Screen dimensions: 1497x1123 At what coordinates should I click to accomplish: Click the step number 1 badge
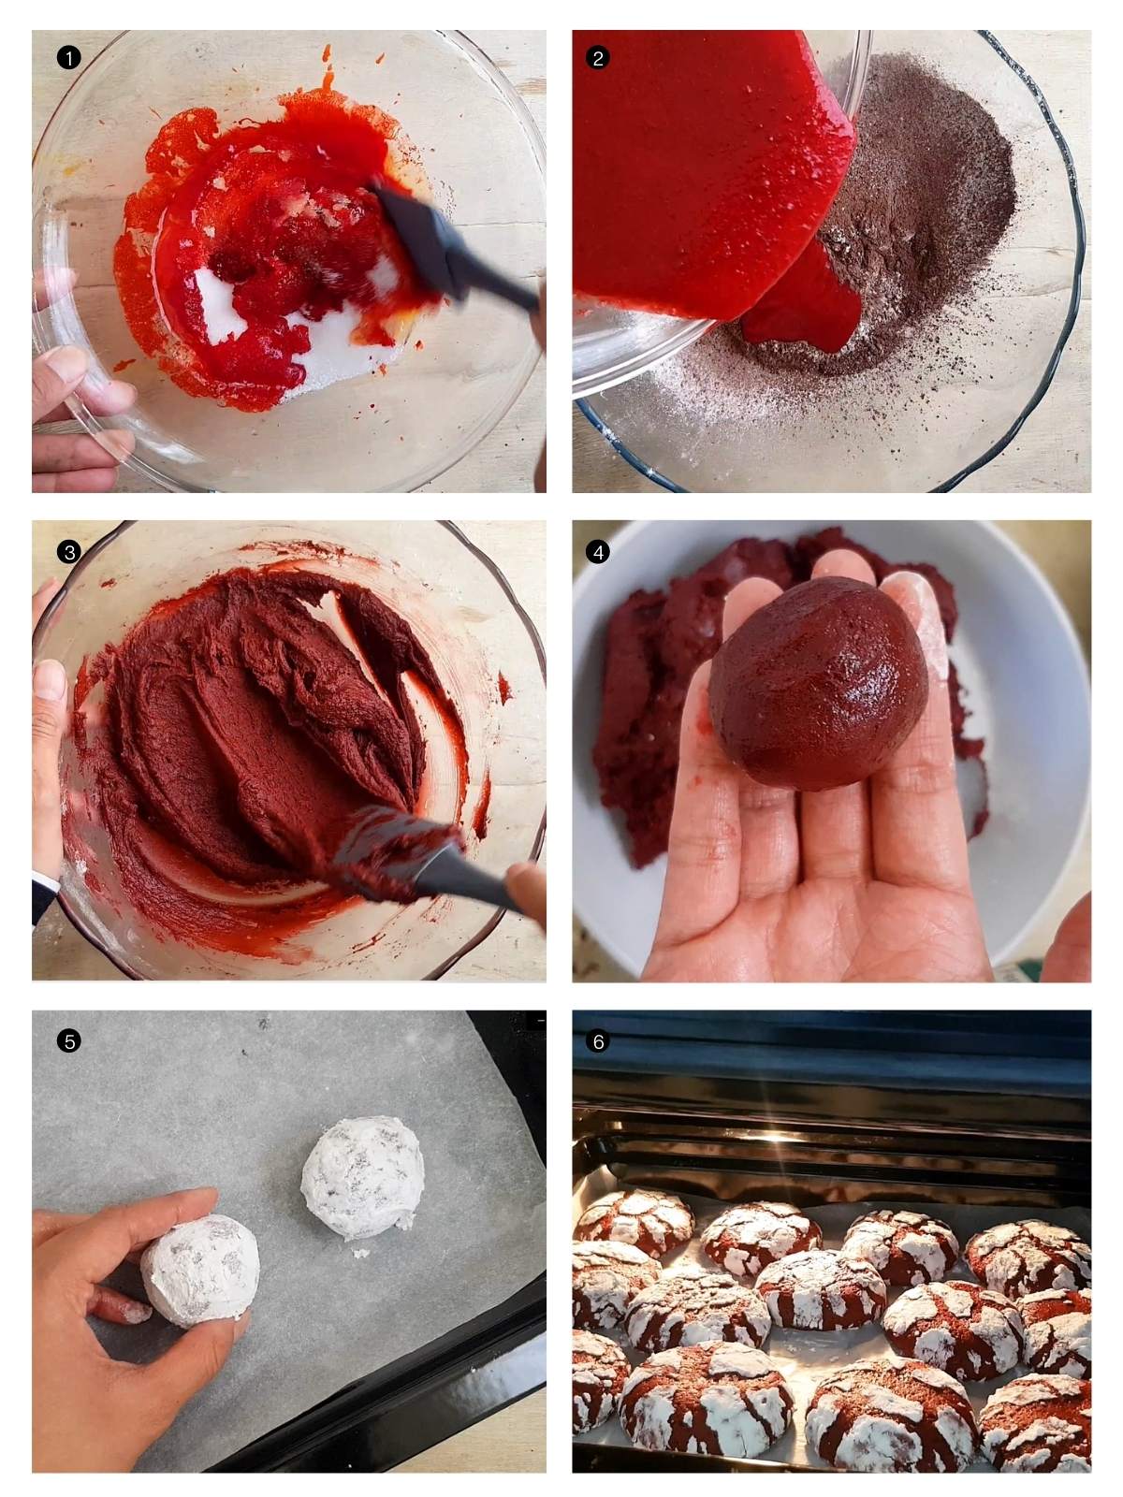68,57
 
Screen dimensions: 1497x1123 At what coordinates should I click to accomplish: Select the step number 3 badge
68,552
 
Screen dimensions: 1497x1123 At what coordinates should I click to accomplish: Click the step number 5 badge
68,1040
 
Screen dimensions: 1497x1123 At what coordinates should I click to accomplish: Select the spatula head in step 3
393,851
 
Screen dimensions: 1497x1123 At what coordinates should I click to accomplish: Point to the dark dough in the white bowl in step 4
646,730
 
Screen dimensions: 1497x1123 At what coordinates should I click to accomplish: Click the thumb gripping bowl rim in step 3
47,711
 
